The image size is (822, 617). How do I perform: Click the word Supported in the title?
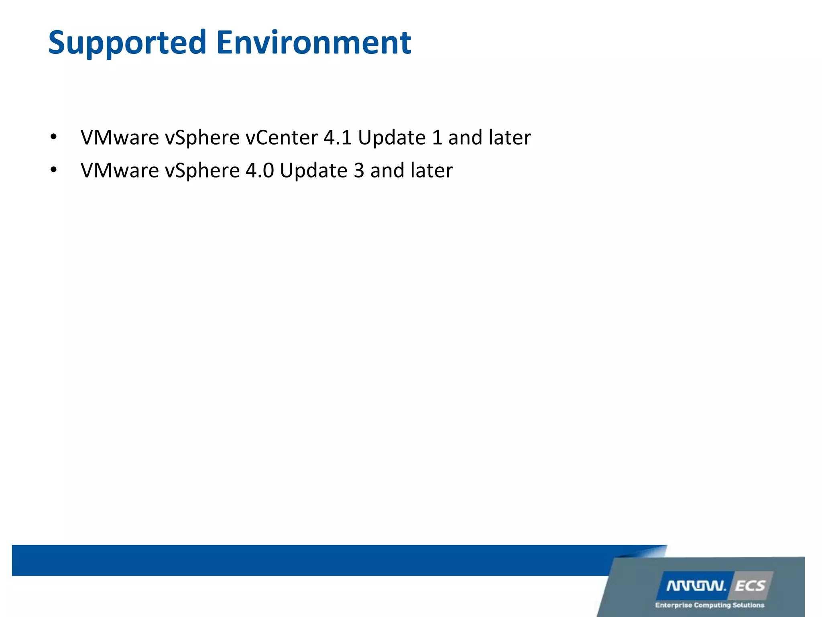[127, 43]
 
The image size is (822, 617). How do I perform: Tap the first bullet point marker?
[53, 137]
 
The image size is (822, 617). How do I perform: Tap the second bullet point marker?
[53, 170]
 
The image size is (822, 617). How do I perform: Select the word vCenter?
[282, 138]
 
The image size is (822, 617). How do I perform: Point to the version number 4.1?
[338, 138]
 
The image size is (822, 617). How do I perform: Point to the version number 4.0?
[260, 171]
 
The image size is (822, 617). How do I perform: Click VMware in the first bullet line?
[120, 138]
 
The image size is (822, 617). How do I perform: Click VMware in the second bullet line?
[120, 171]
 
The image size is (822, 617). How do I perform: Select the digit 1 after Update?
[437, 138]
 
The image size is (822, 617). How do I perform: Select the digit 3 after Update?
[359, 171]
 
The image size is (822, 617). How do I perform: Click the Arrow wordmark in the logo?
[696, 586]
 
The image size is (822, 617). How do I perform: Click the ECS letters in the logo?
[750, 586]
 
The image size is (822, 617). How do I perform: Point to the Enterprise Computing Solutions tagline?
[710, 605]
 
